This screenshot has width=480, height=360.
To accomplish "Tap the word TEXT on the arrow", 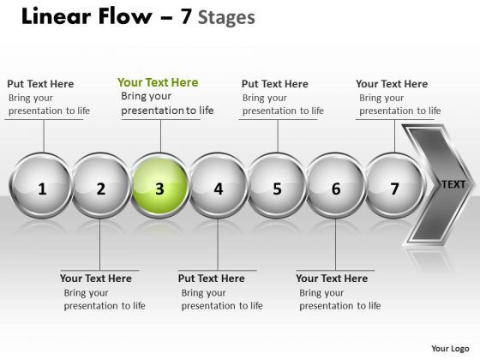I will [x=453, y=184].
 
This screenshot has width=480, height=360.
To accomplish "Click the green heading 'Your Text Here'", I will [x=158, y=82].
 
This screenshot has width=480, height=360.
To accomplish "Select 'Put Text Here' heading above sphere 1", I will [x=40, y=84].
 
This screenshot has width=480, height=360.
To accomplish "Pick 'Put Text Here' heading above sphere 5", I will [x=274, y=84].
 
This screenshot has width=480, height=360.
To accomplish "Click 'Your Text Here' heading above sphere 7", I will [x=392, y=84].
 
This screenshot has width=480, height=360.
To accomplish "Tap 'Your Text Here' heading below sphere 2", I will [x=96, y=279].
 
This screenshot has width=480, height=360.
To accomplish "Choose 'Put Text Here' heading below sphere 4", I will [x=211, y=279].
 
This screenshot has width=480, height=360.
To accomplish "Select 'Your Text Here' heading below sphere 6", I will [x=332, y=279].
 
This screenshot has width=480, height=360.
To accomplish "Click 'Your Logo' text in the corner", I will [x=451, y=349].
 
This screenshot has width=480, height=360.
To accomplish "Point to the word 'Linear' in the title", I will [x=49, y=16].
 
